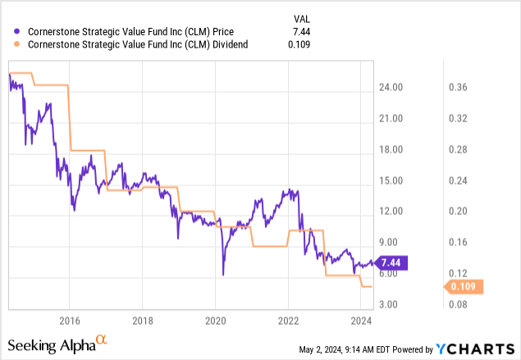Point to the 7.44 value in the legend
tap(304, 30)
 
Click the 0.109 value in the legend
tap(301, 45)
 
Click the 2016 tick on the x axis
tap(69, 320)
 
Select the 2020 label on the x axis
tap(215, 320)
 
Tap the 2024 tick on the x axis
tap(361, 320)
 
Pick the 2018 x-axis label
tap(142, 320)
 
